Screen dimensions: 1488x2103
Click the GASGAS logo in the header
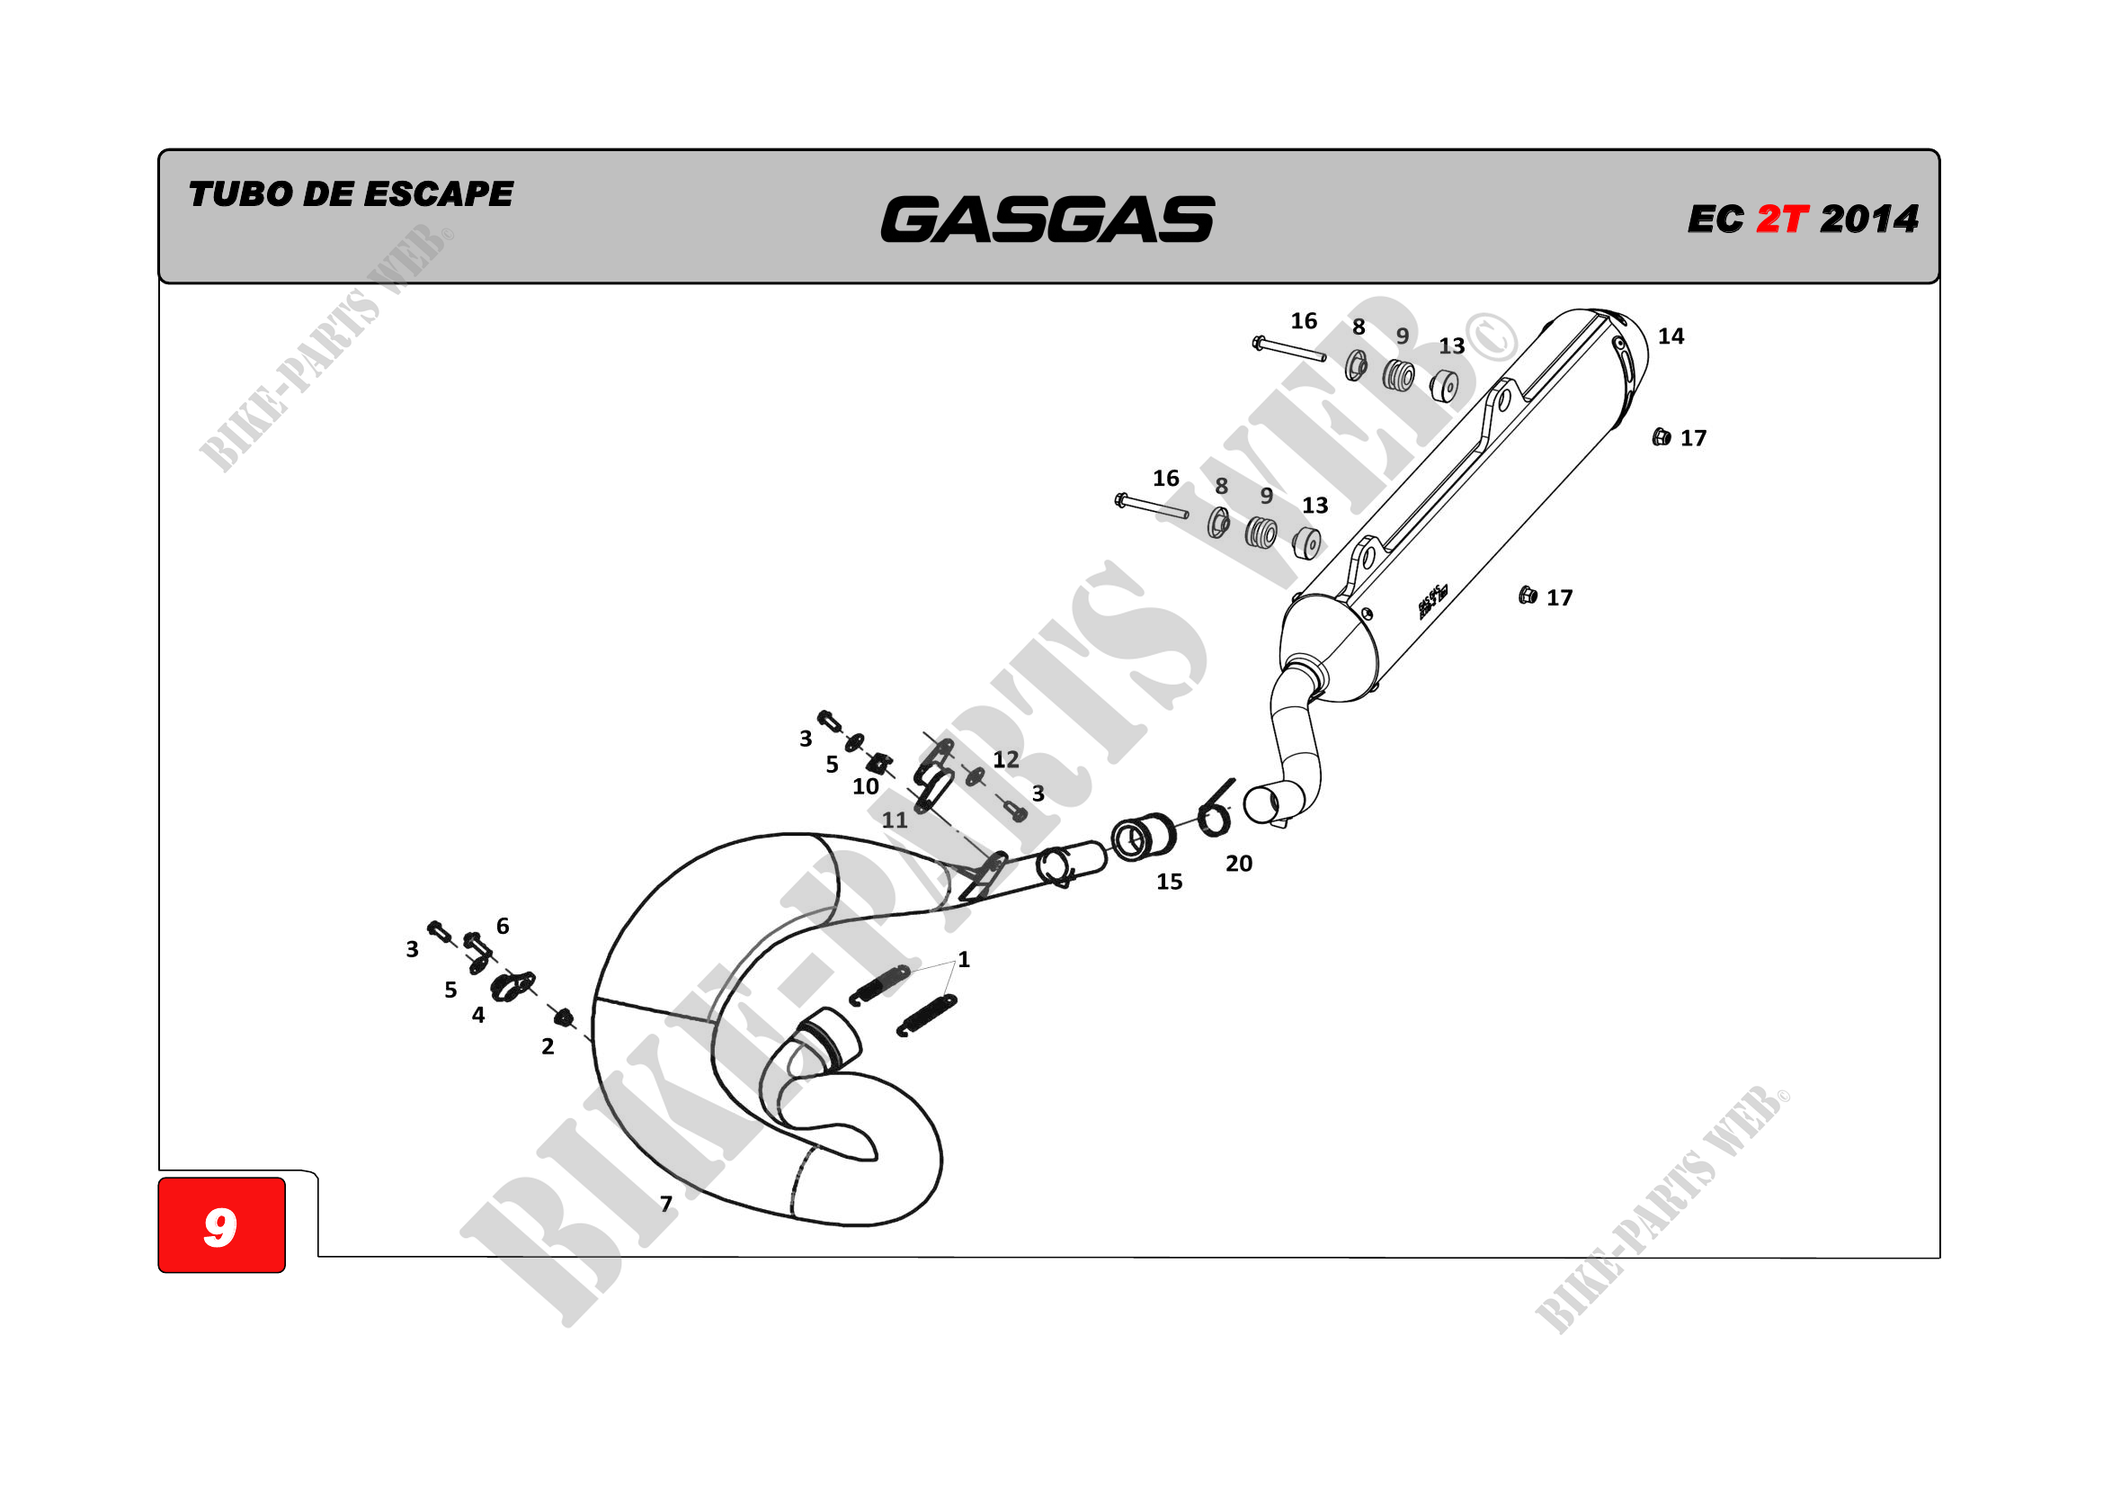tap(1047, 220)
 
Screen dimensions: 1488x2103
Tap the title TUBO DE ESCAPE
tap(350, 194)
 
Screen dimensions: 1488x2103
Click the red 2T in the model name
tap(1781, 219)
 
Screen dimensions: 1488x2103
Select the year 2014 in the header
tap(1868, 219)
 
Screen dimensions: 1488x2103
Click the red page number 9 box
tap(222, 1225)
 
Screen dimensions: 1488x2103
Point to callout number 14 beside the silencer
tap(1671, 336)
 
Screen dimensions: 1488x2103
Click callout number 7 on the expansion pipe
tap(666, 1203)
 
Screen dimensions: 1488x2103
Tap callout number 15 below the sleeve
tap(1169, 882)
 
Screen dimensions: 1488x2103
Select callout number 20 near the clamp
tap(1238, 863)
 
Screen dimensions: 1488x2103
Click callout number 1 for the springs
tap(964, 959)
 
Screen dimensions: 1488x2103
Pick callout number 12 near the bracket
tap(1006, 758)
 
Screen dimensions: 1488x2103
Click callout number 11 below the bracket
tap(895, 820)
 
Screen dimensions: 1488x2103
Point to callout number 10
tap(866, 786)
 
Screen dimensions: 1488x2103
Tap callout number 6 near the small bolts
tap(503, 927)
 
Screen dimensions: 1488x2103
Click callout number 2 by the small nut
tap(548, 1046)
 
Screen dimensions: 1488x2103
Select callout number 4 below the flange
tap(478, 1015)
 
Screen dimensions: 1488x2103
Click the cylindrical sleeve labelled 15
tap(1143, 837)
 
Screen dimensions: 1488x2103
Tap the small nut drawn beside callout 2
tap(565, 1016)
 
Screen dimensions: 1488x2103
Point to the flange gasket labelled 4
tap(511, 986)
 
